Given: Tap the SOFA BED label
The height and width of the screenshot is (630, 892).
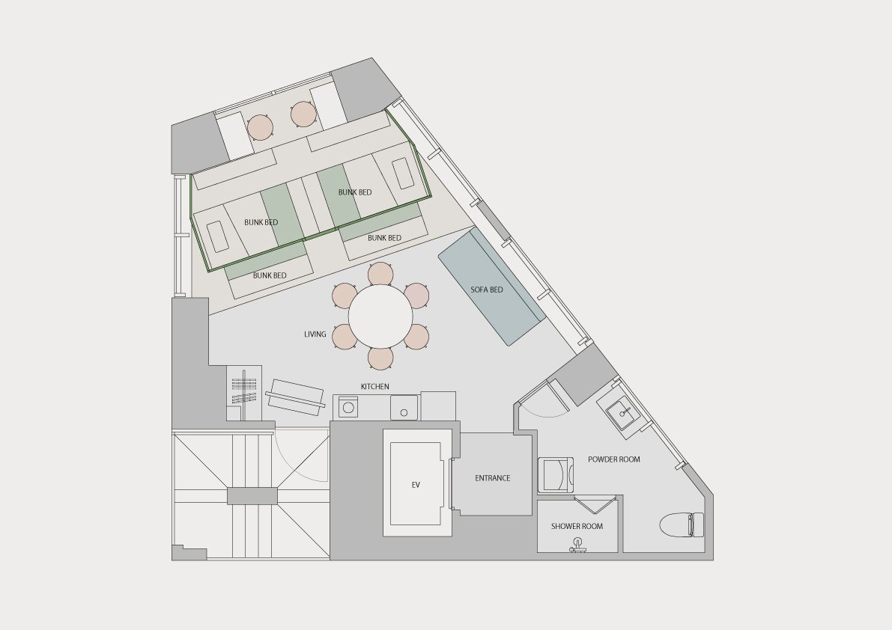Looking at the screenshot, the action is (x=486, y=290).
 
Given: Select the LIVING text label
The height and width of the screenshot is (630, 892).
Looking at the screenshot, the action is (x=315, y=334).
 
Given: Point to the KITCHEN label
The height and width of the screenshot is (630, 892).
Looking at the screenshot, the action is (x=375, y=386).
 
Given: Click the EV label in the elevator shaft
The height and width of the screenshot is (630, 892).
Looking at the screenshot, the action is (x=415, y=485).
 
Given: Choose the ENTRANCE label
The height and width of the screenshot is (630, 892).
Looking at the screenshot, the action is (x=493, y=478).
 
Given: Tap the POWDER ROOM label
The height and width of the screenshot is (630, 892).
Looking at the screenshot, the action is (x=614, y=459).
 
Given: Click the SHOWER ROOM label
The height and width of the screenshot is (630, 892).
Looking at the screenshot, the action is (x=577, y=526).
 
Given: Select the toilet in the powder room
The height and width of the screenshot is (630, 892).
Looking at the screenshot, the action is (x=682, y=525).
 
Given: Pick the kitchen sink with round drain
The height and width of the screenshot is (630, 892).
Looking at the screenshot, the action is (x=404, y=408).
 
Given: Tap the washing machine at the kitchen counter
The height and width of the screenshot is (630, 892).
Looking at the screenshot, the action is (x=347, y=407).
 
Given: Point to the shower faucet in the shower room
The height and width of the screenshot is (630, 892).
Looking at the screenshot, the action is (x=578, y=546).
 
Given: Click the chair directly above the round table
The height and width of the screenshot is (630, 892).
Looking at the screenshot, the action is (x=380, y=274).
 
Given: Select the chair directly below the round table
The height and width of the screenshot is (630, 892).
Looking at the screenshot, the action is (x=380, y=358).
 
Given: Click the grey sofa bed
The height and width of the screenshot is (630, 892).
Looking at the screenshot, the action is (x=491, y=287).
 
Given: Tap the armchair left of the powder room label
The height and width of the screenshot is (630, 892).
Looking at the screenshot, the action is (x=555, y=474).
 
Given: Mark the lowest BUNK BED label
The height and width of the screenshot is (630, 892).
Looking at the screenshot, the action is (x=270, y=275).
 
